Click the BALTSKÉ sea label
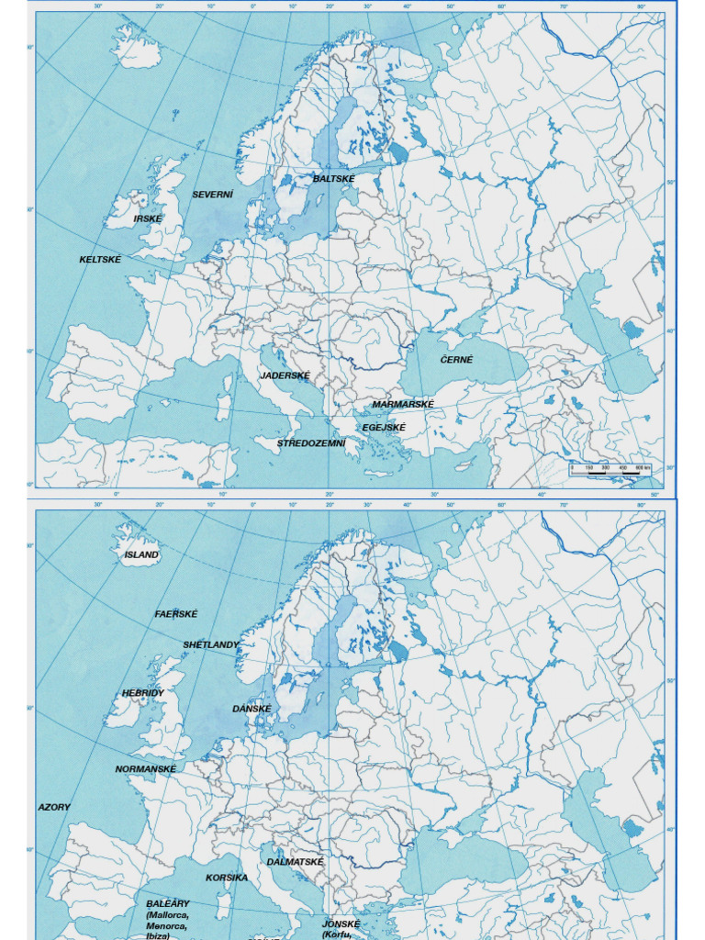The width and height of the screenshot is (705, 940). (x=333, y=178)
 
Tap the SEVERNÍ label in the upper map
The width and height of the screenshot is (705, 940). (x=212, y=195)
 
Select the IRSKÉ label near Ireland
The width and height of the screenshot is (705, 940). (x=148, y=218)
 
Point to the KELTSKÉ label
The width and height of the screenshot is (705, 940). (x=100, y=260)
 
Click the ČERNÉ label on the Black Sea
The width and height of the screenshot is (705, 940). (x=456, y=360)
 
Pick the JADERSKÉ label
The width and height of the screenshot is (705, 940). (x=285, y=375)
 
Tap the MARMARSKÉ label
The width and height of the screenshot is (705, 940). (x=403, y=404)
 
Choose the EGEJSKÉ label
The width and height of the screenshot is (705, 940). (x=384, y=427)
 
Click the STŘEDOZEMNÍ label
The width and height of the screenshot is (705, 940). (x=311, y=443)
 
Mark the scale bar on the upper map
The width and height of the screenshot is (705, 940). (x=610, y=469)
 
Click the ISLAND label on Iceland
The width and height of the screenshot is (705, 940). (x=141, y=554)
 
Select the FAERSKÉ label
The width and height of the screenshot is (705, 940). (x=176, y=613)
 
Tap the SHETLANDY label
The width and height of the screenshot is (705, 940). (x=210, y=644)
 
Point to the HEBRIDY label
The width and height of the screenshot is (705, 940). (x=142, y=693)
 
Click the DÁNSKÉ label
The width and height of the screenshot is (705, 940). (x=252, y=709)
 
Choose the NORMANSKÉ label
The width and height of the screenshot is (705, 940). (x=145, y=768)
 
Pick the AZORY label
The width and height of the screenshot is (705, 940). (x=54, y=807)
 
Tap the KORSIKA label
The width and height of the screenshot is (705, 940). (x=227, y=878)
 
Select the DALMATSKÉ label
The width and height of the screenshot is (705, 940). (x=295, y=862)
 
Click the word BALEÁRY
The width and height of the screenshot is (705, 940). (x=168, y=903)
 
